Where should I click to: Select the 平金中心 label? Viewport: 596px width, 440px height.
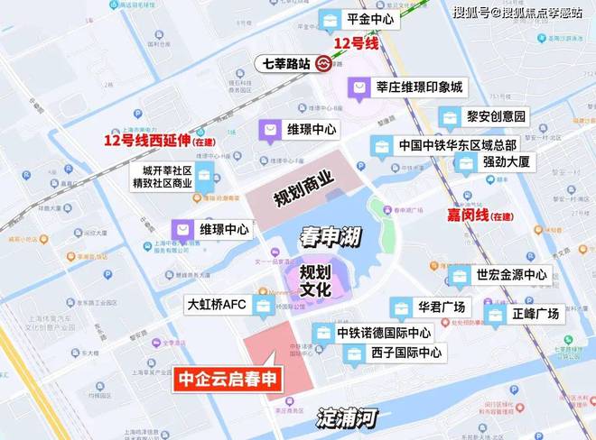pyautogui.click(x=368, y=18)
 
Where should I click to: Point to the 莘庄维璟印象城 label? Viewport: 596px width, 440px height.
pyautogui.click(x=419, y=87)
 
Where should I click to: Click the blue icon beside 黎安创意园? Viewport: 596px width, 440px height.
pyautogui.click(x=449, y=116)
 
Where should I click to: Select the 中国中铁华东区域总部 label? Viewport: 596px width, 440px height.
pyautogui.click(x=457, y=144)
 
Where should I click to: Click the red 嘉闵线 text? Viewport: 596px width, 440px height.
pyautogui.click(x=468, y=215)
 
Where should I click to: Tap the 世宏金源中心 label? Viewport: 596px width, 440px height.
pyautogui.click(x=511, y=275)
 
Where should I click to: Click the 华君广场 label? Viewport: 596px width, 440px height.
pyautogui.click(x=440, y=307)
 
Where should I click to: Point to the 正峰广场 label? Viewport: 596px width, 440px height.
pyautogui.click(x=535, y=314)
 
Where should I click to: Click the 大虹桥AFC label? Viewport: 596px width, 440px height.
pyautogui.click(x=217, y=305)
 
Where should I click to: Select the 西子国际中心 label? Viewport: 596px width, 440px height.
pyautogui.click(x=405, y=353)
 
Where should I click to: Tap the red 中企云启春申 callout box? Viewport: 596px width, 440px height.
pyautogui.click(x=227, y=380)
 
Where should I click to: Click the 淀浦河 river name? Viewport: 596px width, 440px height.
pyautogui.click(x=346, y=418)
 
